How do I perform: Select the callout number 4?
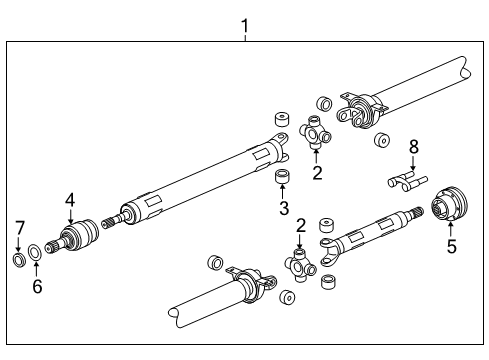pyautogui.click(x=70, y=200)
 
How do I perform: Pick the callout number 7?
pyautogui.click(x=19, y=231)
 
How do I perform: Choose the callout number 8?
pyautogui.click(x=412, y=148)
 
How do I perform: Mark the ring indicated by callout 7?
pyautogui.click(x=19, y=261)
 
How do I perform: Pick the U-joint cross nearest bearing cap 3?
pyautogui.click(x=316, y=132)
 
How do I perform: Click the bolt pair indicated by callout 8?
pyautogui.click(x=405, y=183)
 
